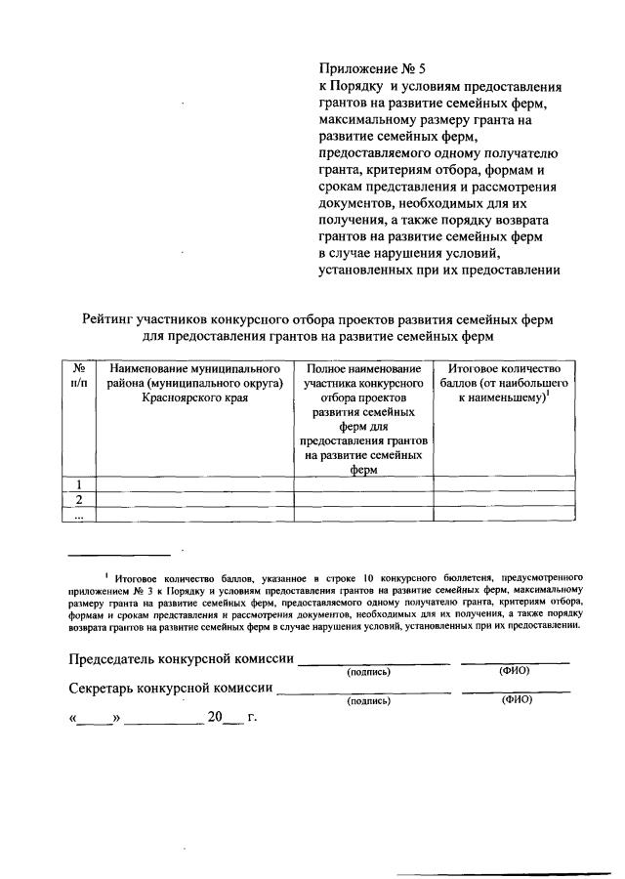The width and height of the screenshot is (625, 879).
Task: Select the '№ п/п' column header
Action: point(79,377)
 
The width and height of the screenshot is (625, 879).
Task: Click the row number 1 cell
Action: point(79,484)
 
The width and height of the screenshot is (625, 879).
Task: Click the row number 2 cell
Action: point(79,500)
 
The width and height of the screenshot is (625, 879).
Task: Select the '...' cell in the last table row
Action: point(79,515)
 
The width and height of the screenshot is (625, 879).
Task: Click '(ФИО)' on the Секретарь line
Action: point(516,699)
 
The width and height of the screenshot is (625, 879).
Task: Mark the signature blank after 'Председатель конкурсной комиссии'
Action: point(374,661)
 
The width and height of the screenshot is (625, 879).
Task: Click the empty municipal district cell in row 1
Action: point(195,484)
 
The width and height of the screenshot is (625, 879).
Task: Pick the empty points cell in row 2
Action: point(504,500)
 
